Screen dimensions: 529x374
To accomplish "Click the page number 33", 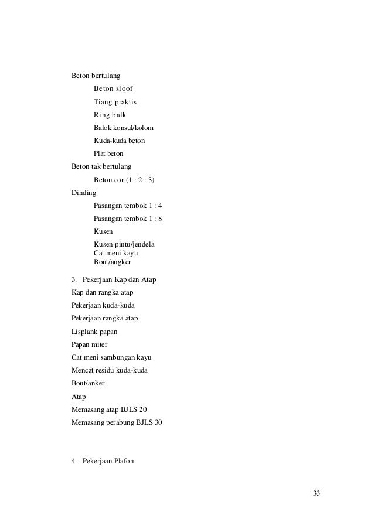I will (317, 493).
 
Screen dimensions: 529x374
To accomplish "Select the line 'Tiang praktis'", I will (119, 102).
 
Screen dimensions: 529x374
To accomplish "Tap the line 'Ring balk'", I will (114, 115).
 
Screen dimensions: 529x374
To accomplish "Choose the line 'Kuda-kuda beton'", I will (119, 141).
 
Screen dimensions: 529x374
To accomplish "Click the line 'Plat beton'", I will (108, 153).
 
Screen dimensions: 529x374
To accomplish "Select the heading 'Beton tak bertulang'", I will (101, 166).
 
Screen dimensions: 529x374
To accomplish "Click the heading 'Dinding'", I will (84, 192).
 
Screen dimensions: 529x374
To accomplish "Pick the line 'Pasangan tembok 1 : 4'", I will (128, 206).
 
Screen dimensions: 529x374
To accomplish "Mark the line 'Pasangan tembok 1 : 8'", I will (128, 219).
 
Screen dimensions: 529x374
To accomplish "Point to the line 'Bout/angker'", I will (112, 262).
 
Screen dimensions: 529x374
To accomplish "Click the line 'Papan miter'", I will (89, 344).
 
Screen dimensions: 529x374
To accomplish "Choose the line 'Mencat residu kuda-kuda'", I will (110, 370).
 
